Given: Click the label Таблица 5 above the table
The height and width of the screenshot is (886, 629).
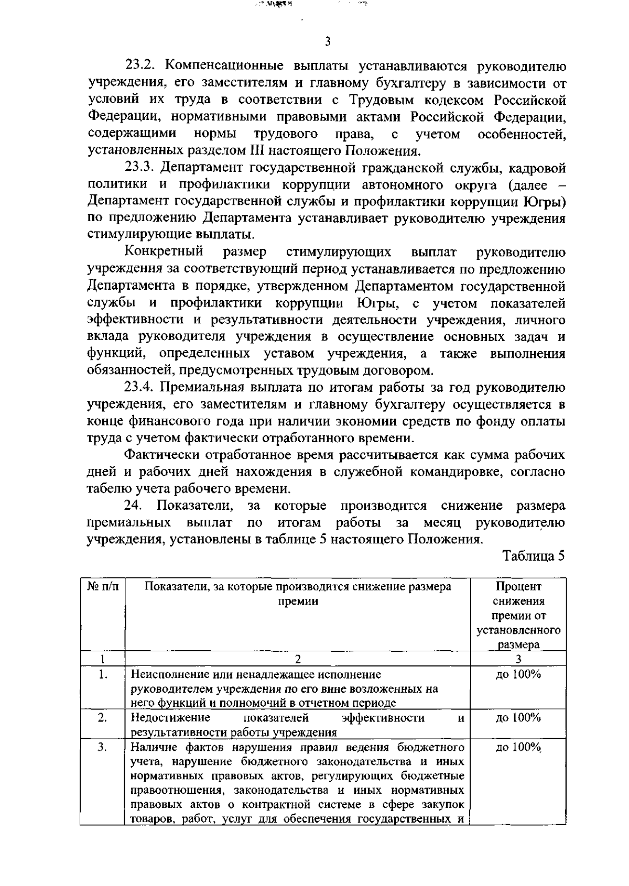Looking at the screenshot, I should [534, 556].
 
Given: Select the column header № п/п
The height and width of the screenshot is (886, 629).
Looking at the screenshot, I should [102, 587].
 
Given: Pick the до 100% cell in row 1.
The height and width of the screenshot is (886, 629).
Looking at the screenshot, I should [518, 674].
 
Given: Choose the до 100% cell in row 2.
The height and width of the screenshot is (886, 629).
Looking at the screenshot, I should [518, 718].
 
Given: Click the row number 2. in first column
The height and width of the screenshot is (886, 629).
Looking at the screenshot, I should [102, 718].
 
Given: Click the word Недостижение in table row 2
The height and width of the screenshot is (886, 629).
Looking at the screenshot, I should [170, 718].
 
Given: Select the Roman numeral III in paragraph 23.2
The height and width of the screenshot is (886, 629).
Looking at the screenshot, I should [253, 151].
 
